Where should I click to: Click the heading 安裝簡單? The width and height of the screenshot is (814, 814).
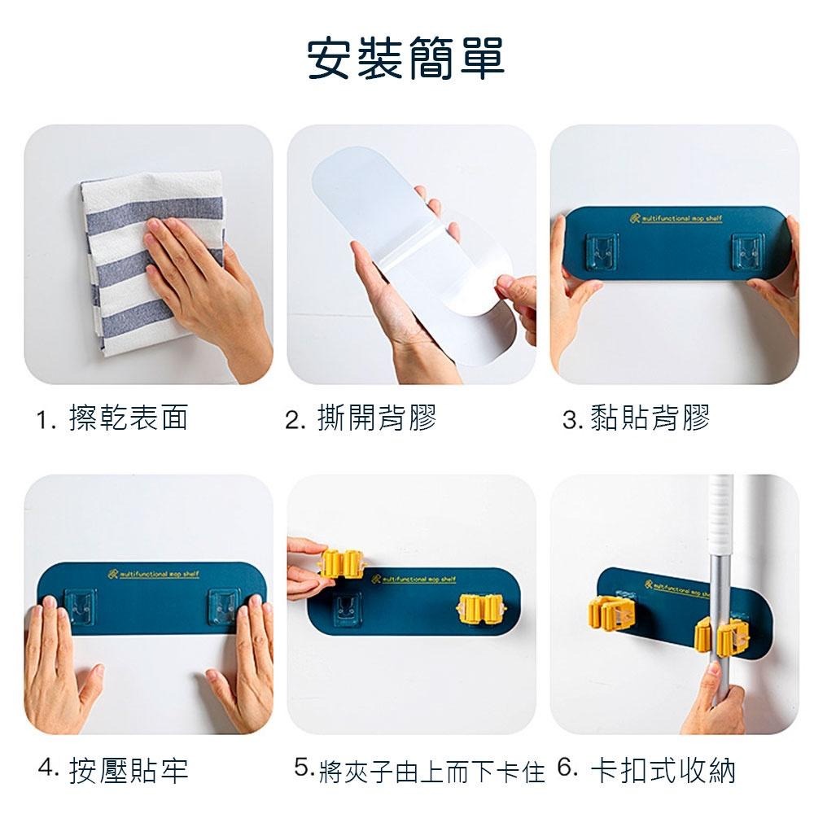pos(405,58)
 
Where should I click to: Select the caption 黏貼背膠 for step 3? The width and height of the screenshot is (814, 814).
pos(650,418)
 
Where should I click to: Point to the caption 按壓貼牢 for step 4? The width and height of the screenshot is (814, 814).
pos(129,768)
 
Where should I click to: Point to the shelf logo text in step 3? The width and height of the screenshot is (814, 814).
pos(676,219)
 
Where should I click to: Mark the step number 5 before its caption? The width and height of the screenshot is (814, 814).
pos(303,767)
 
